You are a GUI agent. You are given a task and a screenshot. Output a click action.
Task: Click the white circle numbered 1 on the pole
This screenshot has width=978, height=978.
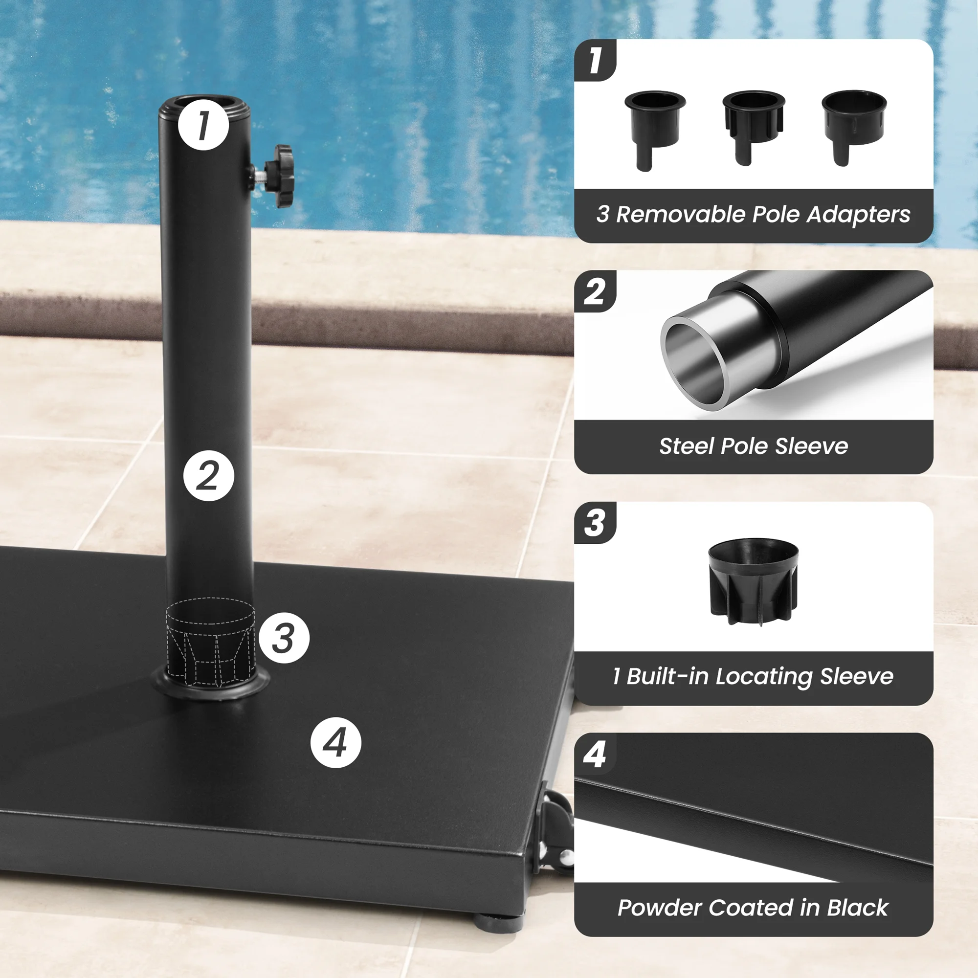pos(203,125)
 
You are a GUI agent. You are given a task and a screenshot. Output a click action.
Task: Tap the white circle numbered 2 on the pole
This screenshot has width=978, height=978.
pos(209,476)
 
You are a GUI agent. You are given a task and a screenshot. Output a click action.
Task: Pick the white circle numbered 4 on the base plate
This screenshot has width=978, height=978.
pos(335,743)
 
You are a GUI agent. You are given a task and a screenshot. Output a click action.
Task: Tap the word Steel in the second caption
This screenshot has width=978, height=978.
pos(687,446)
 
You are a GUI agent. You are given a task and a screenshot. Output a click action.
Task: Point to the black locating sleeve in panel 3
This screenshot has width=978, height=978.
pos(753,580)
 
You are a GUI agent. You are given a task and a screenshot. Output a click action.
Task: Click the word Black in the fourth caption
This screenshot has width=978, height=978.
pos(857,908)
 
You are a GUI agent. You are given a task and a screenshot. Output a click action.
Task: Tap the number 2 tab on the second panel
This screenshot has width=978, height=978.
pos(594,292)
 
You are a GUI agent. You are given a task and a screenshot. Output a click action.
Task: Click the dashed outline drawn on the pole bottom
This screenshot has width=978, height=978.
pos(210,642)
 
